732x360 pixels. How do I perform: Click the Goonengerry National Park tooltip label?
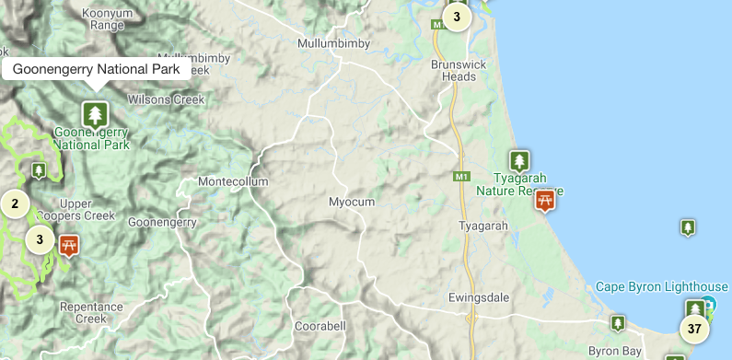(x=96, y=69)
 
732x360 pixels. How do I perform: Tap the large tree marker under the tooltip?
(x=94, y=114)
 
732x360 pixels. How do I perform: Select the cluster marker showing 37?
(x=694, y=329)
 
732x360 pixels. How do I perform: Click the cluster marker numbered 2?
(x=15, y=203)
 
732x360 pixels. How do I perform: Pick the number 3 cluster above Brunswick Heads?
(x=456, y=17)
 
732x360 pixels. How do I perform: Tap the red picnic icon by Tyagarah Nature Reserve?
(x=545, y=199)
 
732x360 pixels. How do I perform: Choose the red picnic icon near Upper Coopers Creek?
(x=68, y=246)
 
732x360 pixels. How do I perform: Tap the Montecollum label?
(x=233, y=181)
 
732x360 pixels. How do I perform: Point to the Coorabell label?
(x=320, y=326)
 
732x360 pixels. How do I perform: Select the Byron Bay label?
(x=614, y=351)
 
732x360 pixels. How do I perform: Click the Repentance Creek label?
(x=90, y=312)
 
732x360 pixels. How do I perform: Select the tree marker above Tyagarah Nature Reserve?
(x=519, y=160)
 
